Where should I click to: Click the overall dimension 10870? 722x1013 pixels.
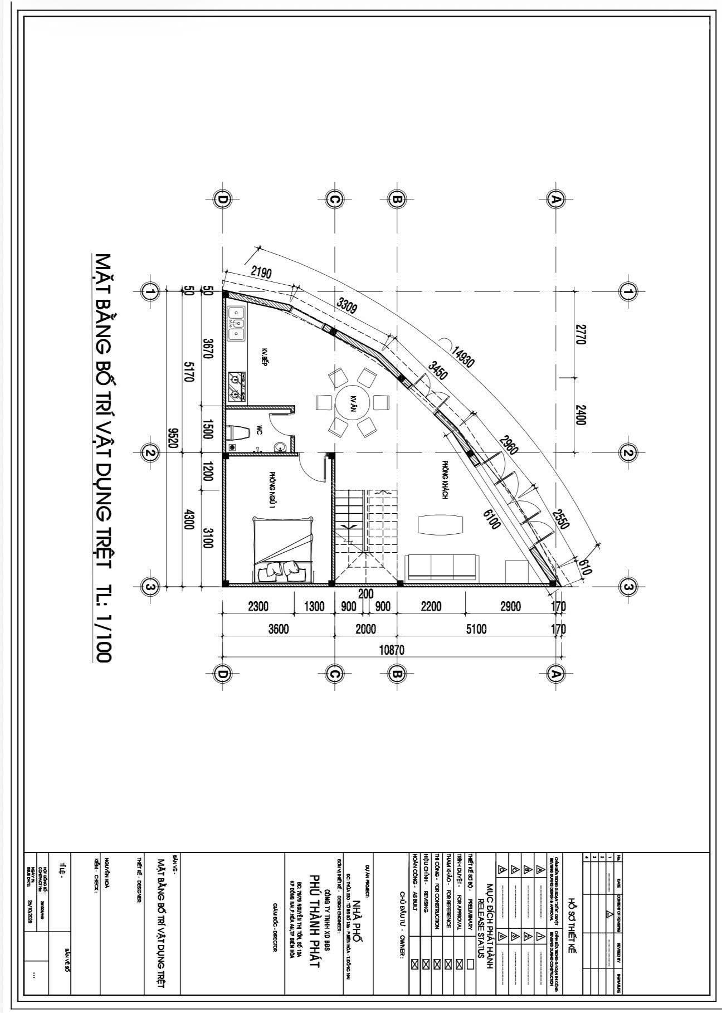[x=390, y=649]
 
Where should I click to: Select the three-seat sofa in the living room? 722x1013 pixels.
[x=442, y=567]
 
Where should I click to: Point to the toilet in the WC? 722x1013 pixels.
[x=240, y=432]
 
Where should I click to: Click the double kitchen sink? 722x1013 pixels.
[x=236, y=323]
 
